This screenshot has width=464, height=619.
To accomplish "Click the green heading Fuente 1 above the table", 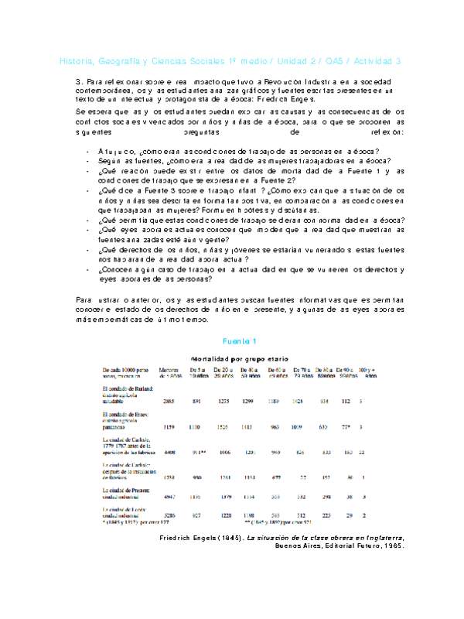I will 234,340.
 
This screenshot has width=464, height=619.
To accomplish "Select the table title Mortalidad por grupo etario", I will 240,360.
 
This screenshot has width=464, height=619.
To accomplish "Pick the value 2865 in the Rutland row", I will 169,402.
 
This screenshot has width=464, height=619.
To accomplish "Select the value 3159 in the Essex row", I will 169,426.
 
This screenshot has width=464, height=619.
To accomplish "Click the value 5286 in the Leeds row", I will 169,515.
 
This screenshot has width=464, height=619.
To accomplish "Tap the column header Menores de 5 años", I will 169,373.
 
